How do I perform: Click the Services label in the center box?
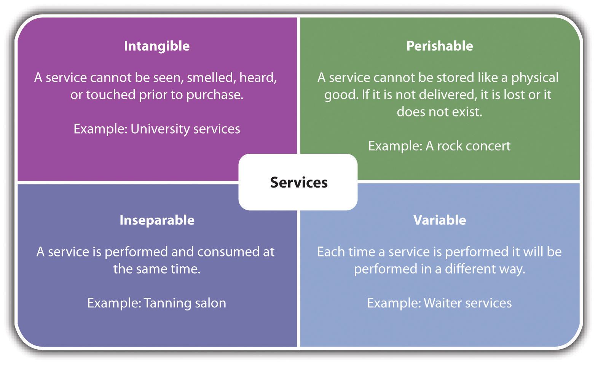point(299,183)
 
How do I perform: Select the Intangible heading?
point(157,46)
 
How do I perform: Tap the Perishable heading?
point(440,46)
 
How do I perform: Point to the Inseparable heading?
point(157,220)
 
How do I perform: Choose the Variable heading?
point(440,220)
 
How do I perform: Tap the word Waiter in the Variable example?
point(442,303)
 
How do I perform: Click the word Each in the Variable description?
point(329,252)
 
